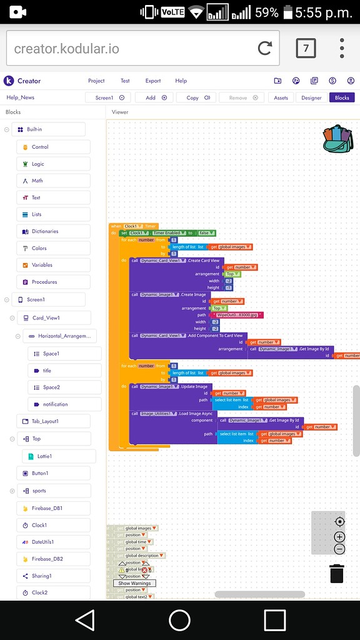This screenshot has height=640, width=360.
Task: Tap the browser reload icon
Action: (264, 48)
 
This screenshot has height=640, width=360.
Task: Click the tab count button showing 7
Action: (306, 48)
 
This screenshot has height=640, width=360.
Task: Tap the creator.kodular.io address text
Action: (66, 49)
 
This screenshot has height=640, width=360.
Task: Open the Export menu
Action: (153, 81)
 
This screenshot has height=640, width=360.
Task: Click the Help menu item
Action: (181, 81)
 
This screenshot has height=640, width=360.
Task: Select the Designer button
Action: (311, 97)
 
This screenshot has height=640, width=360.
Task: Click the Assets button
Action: (281, 97)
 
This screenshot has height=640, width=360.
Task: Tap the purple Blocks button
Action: (342, 97)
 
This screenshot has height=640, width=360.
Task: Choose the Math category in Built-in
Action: (37, 181)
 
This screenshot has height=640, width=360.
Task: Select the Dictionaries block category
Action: (44, 231)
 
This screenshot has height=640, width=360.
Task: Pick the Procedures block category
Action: (44, 282)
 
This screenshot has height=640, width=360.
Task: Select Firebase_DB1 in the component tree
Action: (47, 508)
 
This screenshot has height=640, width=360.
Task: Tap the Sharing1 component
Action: (41, 576)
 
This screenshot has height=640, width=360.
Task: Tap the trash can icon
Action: (337, 573)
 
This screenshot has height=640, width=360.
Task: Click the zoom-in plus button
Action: (339, 536)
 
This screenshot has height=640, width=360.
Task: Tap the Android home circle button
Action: (179, 620)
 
